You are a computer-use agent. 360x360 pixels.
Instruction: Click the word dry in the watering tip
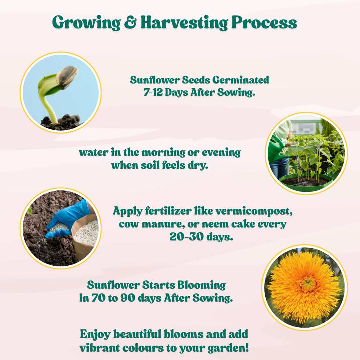[x=199, y=166]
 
